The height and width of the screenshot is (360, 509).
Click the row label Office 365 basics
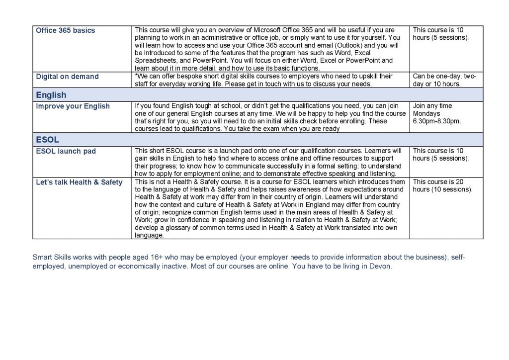tap(65, 30)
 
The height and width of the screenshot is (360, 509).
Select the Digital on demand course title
tap(67, 77)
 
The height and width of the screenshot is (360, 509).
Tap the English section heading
tap(51, 95)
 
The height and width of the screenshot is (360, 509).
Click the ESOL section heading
tap(47, 140)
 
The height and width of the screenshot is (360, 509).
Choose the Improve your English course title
tap(73, 106)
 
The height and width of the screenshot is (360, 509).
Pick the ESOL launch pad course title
tap(66, 151)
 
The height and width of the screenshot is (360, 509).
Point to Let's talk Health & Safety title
tap(79, 182)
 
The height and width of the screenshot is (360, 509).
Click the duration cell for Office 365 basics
tap(440, 34)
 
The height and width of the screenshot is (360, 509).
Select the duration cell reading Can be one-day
tap(444, 80)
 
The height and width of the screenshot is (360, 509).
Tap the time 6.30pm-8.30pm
tap(436, 121)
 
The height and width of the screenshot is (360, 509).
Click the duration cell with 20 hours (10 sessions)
tap(442, 185)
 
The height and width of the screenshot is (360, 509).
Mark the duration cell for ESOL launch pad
tap(440, 155)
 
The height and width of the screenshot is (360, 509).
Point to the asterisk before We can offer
tap(136, 76)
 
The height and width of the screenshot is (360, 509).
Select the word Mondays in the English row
tap(426, 113)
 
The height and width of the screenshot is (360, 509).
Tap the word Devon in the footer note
tap(380, 266)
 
